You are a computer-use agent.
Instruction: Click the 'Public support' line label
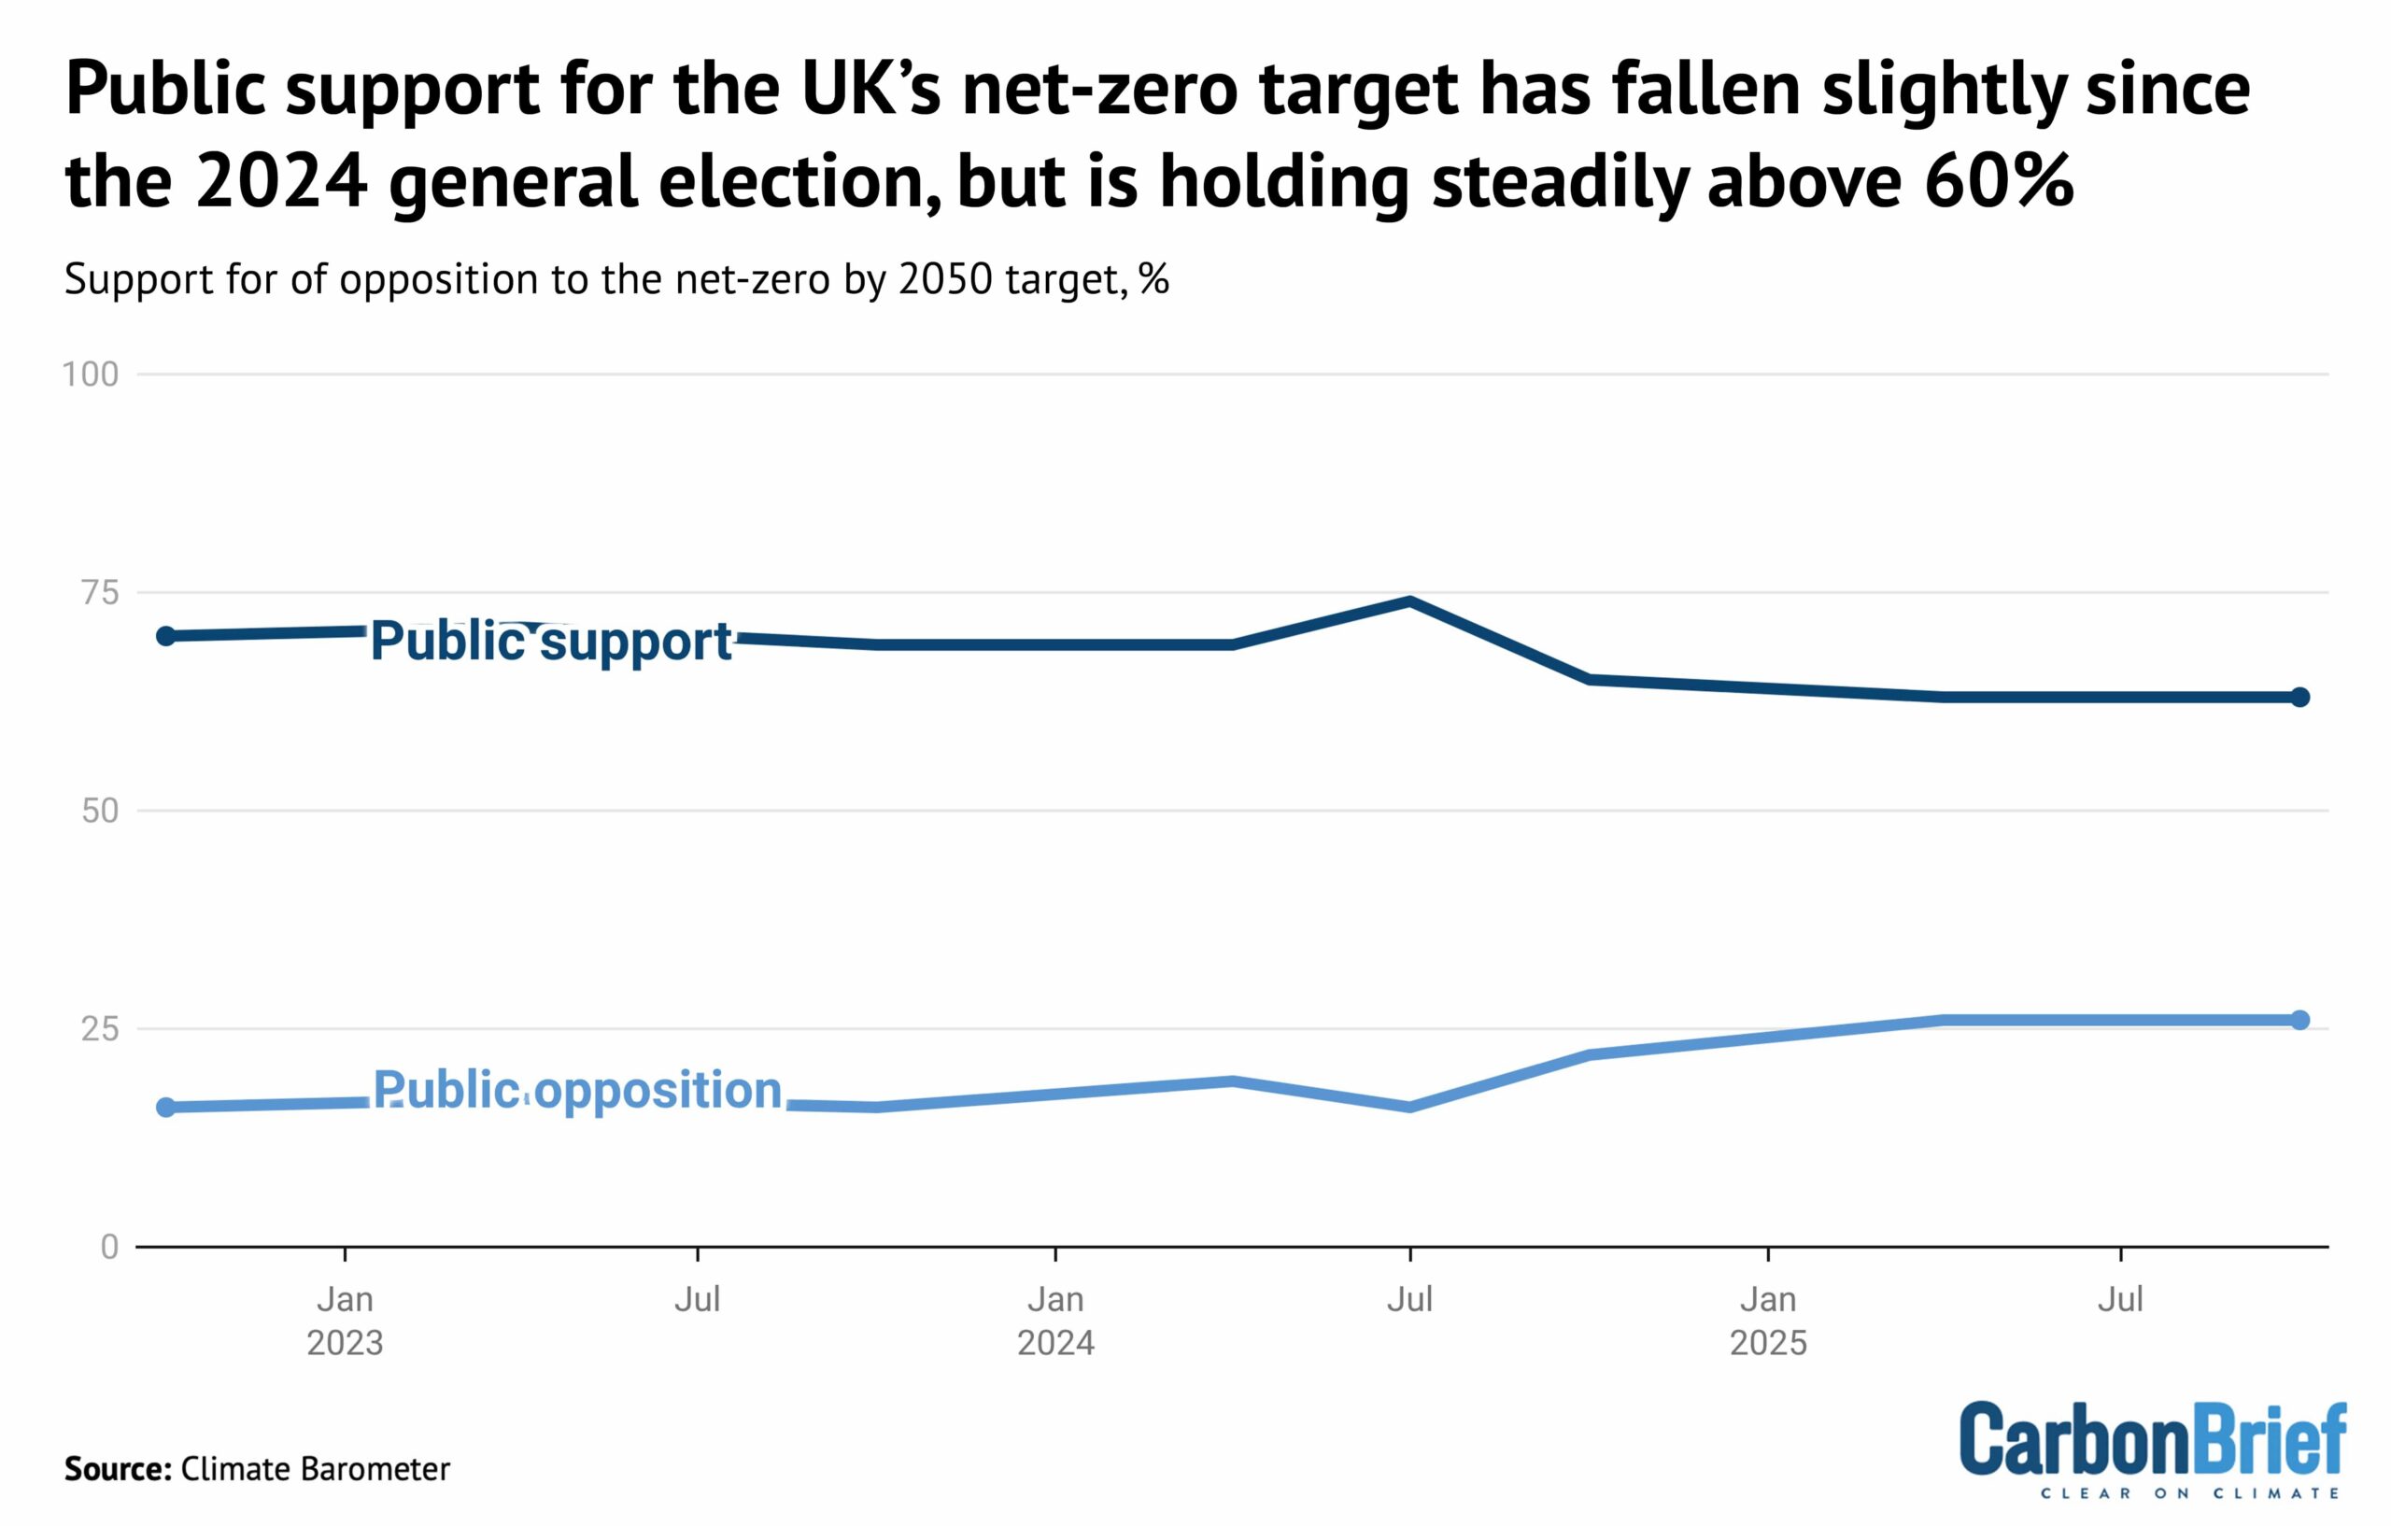point(551,641)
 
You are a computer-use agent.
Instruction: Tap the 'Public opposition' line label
point(577,1090)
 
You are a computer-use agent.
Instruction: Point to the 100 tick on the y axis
point(91,374)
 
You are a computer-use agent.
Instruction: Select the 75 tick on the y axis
point(99,593)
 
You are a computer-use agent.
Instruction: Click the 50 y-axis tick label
point(99,812)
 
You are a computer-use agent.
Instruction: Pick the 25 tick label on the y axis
point(99,1028)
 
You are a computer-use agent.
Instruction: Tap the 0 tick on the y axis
point(109,1247)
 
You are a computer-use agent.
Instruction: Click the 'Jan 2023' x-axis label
point(345,1321)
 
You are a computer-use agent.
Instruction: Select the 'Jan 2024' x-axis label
point(1055,1321)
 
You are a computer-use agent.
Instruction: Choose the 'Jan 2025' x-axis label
point(1768,1321)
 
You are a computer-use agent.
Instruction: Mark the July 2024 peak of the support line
point(1410,601)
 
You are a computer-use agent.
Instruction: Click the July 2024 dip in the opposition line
point(1410,1107)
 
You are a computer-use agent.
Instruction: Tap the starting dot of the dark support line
point(167,635)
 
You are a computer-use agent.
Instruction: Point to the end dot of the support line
point(2299,697)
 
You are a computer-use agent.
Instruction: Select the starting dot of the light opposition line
point(167,1107)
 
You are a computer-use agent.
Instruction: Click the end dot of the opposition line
point(2299,1020)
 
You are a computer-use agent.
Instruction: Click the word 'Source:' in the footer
point(119,1468)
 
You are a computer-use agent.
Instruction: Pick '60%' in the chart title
point(1998,182)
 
